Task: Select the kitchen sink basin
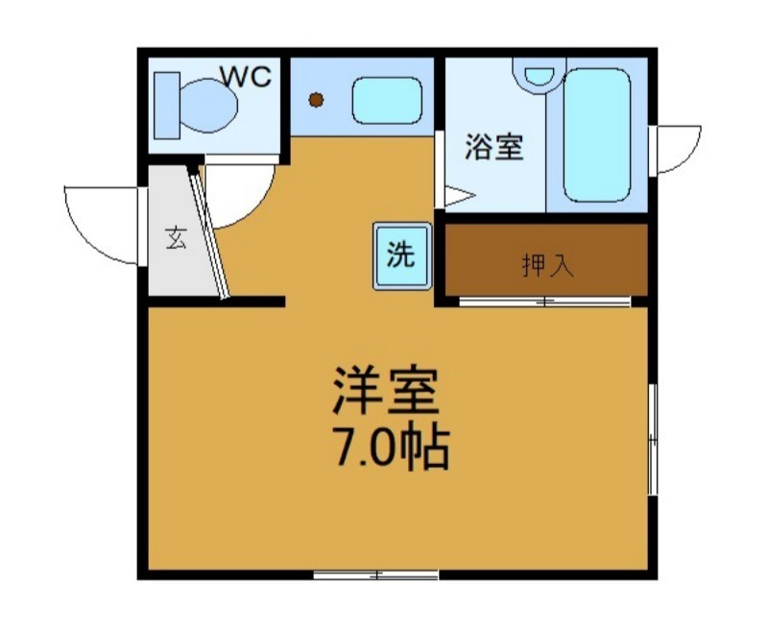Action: (387, 100)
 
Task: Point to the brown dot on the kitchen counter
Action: (316, 100)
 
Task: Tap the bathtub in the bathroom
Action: (596, 133)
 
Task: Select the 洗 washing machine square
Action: (400, 256)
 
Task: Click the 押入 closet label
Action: (547, 265)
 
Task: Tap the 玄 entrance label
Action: (175, 237)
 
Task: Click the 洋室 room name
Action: (385, 390)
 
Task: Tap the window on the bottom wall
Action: (376, 575)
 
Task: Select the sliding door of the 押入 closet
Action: (544, 303)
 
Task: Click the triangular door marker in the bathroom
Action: (454, 197)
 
